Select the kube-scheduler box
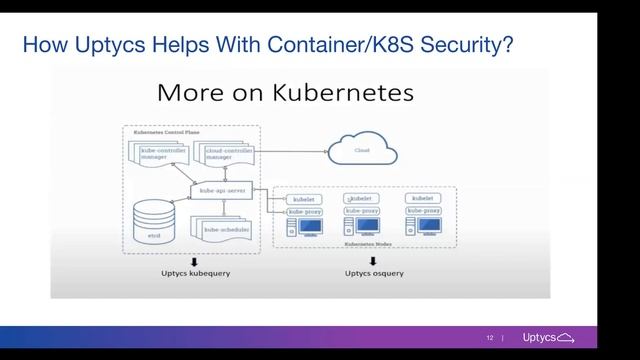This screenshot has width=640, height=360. coord(225,230)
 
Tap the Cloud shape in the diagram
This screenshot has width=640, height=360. coord(362,151)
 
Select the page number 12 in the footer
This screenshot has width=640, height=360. coord(490,337)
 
